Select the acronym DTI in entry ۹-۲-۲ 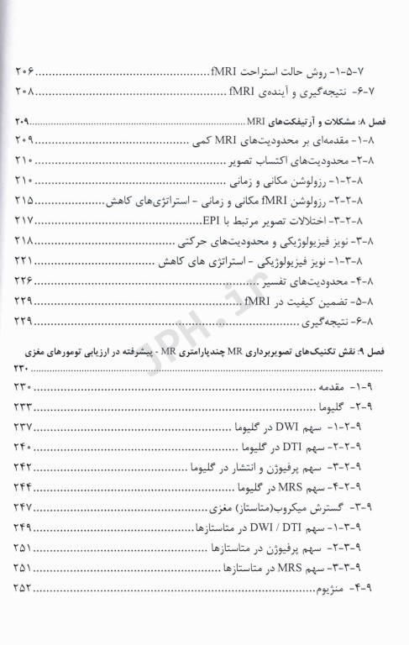click(290, 445)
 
